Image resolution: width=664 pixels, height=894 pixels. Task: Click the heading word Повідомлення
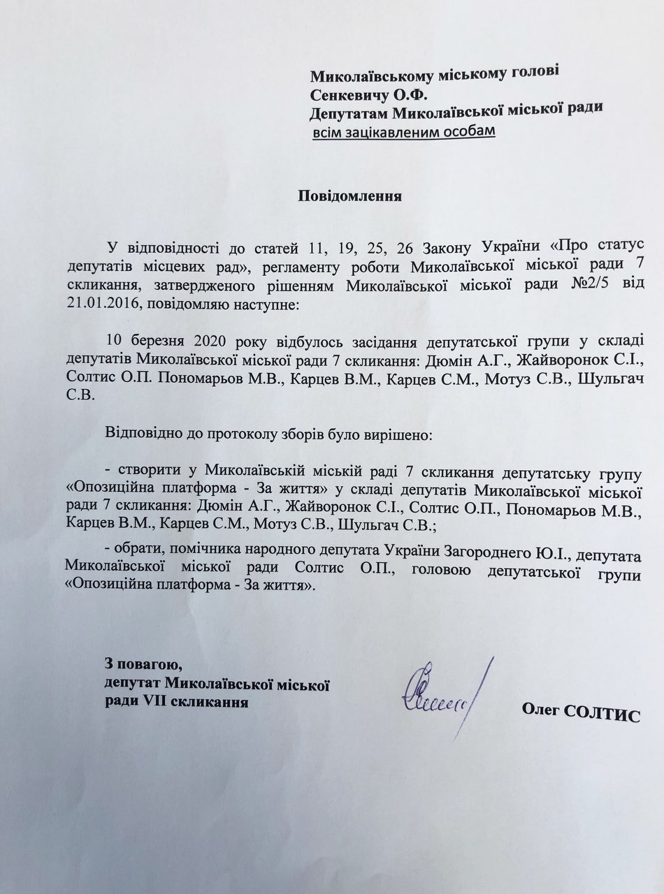pyautogui.click(x=350, y=195)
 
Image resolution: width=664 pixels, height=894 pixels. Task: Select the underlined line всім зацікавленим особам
pyautogui.click(x=403, y=131)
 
